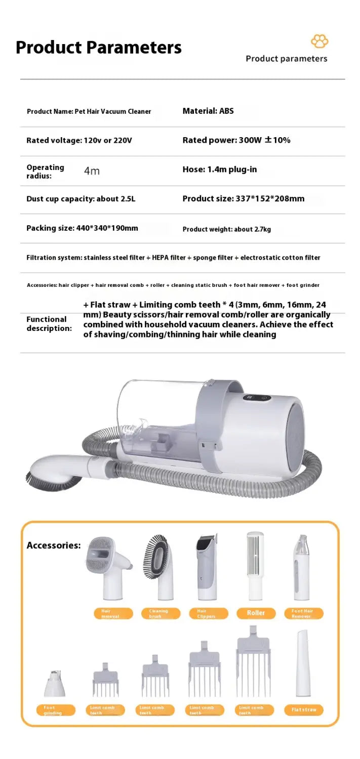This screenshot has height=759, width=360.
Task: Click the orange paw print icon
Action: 319,42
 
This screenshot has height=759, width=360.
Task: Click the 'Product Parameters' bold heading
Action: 99,47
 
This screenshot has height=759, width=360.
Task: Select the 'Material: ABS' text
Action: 208,111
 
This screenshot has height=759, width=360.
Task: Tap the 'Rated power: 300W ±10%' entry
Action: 236,140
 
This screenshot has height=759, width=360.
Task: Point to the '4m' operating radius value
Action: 92,171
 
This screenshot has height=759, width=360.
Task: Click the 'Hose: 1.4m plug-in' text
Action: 220,170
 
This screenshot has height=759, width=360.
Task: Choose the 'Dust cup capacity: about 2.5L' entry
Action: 81,199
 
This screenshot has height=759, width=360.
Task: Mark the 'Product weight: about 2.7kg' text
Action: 227,229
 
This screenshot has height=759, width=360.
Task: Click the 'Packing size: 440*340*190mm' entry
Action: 82,228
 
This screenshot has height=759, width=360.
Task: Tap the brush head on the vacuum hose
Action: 49,471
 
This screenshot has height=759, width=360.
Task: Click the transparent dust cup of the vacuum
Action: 157,420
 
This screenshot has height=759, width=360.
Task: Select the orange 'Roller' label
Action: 256,613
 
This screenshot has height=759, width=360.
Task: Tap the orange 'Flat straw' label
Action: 304,710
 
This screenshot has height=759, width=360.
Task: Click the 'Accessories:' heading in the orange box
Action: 54,545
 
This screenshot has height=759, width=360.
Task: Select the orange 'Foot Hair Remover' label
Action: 302,613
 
